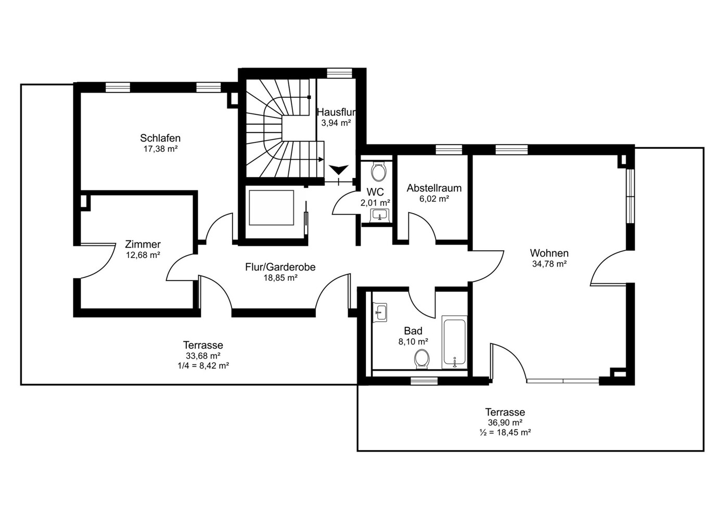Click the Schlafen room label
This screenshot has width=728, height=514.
pos(160,138)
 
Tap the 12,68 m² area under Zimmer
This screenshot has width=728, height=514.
pos(143,255)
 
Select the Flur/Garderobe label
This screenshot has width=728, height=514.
pos(280,267)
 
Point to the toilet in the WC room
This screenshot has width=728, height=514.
pos(379,172)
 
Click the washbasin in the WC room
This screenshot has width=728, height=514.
pos(380,215)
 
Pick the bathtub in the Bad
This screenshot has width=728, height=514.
pos(454,342)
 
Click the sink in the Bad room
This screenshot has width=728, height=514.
pos(380,313)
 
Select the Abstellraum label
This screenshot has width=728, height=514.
pos(434,188)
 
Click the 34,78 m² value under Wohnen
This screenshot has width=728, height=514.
pos(549,264)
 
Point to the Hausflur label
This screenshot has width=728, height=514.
pos(336,112)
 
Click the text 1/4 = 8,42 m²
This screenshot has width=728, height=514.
pos(203,366)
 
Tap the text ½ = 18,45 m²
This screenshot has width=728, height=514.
pos(505,432)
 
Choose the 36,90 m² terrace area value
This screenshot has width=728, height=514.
pos(505,422)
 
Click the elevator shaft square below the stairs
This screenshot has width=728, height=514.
pos(272,208)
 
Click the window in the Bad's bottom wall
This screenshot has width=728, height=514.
pos(424,381)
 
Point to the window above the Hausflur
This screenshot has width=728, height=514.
pos(339,73)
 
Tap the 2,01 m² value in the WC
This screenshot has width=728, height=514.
pos(375,203)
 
